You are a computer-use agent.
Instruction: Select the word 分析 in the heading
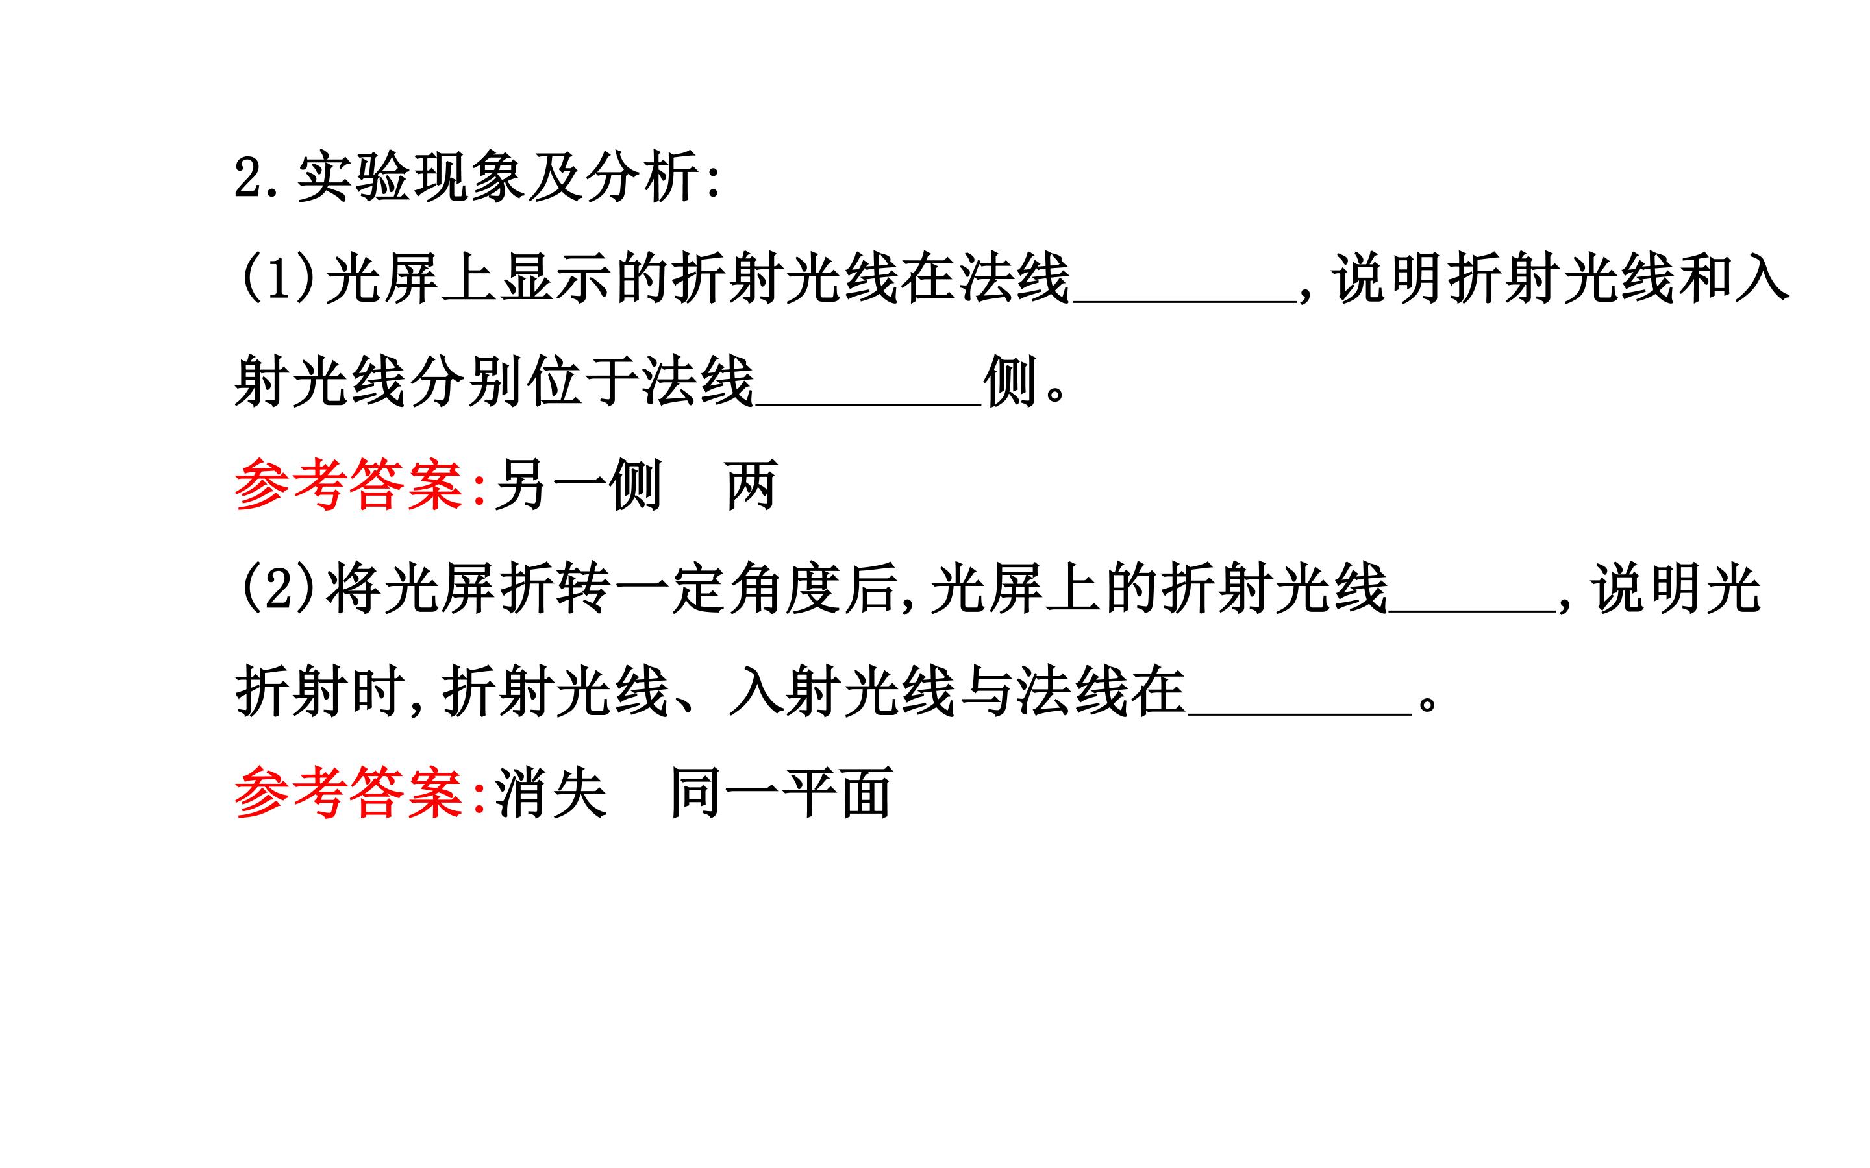coord(641,178)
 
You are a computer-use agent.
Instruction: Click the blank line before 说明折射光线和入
coord(1184,302)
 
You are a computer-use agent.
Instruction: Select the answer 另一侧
coord(578,485)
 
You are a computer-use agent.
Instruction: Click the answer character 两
coord(751,485)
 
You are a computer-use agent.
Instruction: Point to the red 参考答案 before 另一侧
coord(350,485)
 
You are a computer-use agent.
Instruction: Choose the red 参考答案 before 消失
coord(350,794)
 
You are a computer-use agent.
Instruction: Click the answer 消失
coord(550,794)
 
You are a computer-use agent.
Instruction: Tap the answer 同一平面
coord(781,794)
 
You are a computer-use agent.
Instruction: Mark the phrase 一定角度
coord(728,589)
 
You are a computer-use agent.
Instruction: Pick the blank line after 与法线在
coord(1300,713)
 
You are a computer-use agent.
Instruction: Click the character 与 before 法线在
coord(987,690)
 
